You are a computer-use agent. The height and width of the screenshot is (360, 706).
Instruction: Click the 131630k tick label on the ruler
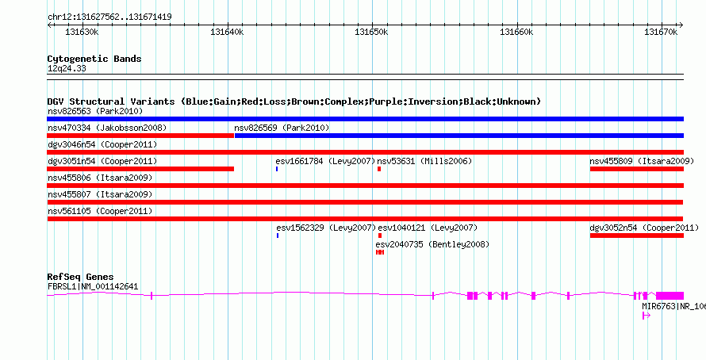[82, 33]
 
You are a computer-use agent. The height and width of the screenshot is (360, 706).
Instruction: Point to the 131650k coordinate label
[371, 33]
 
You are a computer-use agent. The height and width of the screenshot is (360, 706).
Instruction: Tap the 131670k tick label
[661, 33]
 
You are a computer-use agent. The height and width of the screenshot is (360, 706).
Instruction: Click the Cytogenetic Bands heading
[94, 59]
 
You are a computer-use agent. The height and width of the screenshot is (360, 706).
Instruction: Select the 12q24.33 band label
[67, 69]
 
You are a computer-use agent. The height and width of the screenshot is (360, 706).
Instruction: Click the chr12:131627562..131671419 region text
[109, 17]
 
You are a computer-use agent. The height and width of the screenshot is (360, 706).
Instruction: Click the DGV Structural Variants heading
[294, 101]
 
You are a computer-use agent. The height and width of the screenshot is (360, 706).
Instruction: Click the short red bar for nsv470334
[140, 136]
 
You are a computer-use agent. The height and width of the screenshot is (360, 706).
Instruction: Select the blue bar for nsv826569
[459, 136]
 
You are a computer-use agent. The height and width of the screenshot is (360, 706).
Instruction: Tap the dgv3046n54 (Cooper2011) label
[102, 145]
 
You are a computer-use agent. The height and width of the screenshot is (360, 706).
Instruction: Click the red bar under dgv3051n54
[140, 169]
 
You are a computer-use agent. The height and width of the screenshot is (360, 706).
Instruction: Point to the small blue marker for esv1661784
[277, 169]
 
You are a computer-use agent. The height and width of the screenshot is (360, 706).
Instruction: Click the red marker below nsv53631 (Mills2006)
[379, 169]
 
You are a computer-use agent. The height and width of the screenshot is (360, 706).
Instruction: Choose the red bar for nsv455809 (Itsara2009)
[636, 169]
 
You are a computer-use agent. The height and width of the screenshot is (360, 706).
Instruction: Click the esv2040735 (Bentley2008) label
[432, 244]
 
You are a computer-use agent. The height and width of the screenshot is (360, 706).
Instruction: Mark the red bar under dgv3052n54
[636, 236]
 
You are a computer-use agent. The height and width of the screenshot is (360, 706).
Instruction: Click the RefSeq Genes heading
[80, 276]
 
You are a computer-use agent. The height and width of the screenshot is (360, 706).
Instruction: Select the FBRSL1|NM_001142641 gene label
[93, 286]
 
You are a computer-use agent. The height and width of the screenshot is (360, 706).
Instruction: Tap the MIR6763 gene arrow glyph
[647, 316]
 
